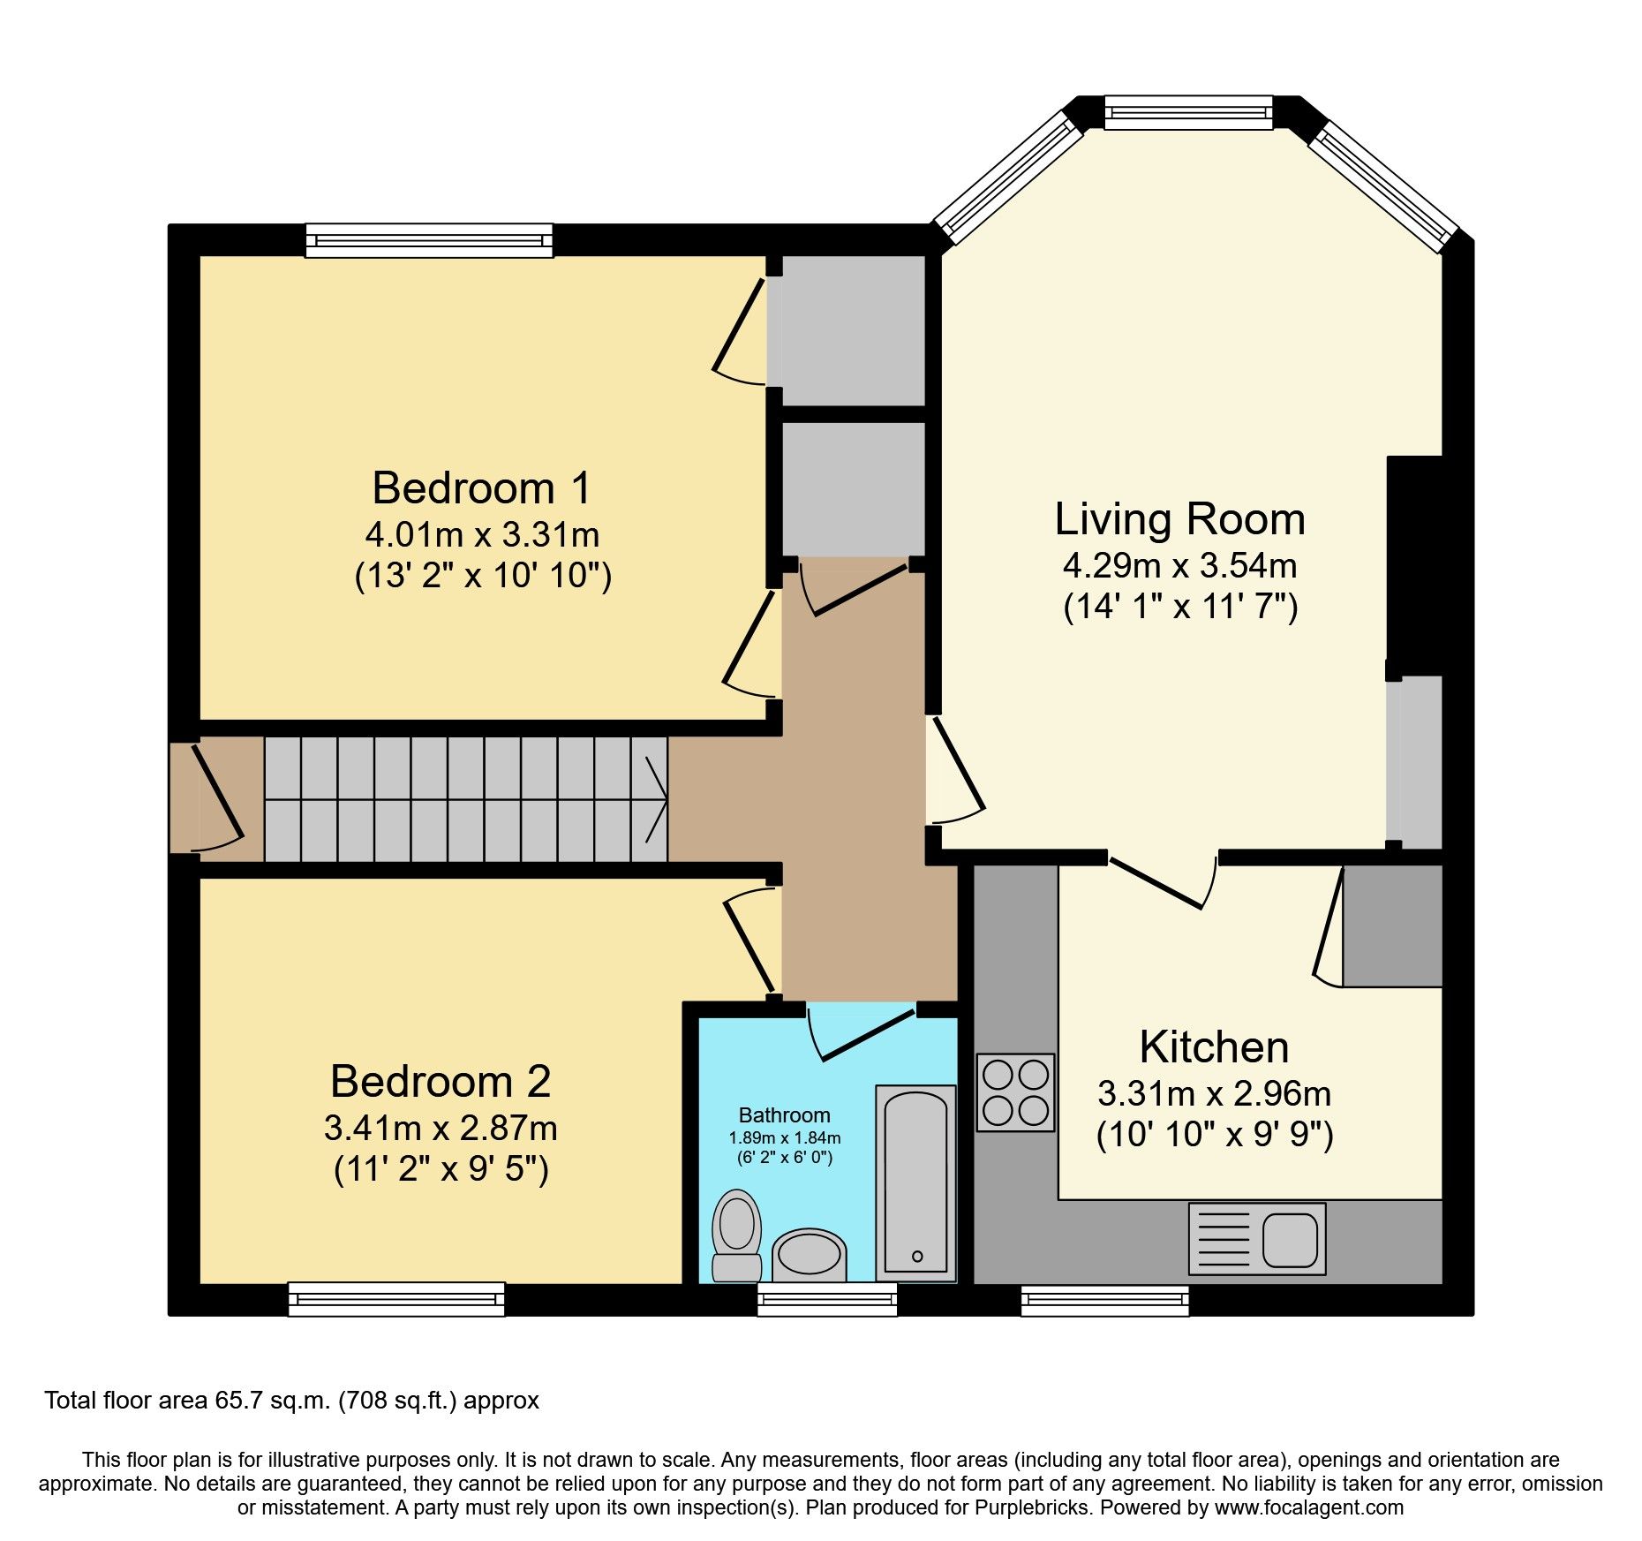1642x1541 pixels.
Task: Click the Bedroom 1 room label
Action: coord(481,488)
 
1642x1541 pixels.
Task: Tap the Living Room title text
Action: coord(1179,519)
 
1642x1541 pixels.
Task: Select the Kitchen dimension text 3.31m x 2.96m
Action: coord(1214,1094)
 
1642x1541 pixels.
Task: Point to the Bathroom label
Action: coord(784,1115)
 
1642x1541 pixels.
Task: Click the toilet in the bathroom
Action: coord(737,1235)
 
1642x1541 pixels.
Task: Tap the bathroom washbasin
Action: coord(809,1254)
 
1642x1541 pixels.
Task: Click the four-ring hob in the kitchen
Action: coord(1015,1092)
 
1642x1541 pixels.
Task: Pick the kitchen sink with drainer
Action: coord(1257,1238)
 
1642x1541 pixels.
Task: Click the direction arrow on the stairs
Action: coord(655,800)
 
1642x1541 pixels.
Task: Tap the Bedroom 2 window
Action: coord(396,1299)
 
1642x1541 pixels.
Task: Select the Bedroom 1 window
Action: coord(429,240)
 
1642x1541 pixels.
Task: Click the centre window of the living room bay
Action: coord(1188,113)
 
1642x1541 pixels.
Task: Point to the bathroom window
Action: coord(827,1299)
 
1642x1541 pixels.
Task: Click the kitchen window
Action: coord(1104,1299)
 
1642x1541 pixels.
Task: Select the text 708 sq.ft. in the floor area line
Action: coord(398,1401)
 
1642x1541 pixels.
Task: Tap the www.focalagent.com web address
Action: coord(1309,1507)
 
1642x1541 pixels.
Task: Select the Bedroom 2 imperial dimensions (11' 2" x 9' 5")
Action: coord(441,1169)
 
